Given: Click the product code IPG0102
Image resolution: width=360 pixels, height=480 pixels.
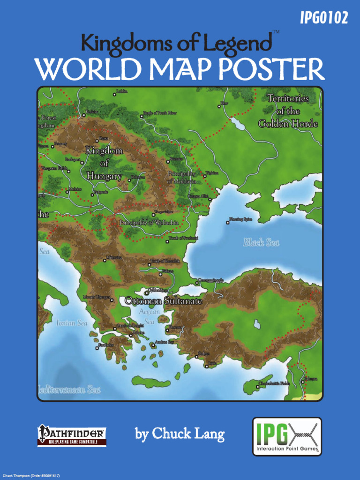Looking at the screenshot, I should click(x=324, y=18).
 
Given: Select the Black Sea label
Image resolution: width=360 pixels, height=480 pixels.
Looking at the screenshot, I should click(x=261, y=242).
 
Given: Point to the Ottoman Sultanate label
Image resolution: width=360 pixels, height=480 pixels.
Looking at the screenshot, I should click(x=164, y=301).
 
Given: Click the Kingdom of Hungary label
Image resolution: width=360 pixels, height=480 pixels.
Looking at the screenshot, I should click(x=104, y=163).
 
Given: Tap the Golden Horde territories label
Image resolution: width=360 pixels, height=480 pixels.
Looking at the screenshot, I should click(x=288, y=111).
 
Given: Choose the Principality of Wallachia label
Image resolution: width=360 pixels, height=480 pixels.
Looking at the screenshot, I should click(x=148, y=223).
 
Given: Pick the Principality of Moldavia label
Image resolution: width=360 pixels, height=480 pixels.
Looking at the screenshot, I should click(x=181, y=177).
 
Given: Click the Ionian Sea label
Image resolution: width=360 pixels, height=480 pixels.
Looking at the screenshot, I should click(x=72, y=323).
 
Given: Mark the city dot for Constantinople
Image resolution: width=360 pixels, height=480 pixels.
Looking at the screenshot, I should click(x=197, y=283).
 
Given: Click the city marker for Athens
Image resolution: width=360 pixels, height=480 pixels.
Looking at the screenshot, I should click(x=131, y=335).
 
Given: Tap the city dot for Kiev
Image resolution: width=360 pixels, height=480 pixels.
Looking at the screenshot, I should click(x=219, y=106).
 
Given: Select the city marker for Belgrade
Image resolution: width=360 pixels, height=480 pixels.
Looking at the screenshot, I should click(x=92, y=195).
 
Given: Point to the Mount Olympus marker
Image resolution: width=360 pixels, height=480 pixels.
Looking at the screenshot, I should click(x=112, y=300).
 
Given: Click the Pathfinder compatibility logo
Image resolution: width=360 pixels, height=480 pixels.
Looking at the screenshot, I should click(x=72, y=435).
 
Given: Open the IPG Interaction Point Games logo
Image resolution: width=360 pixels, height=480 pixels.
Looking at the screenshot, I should click(x=287, y=436).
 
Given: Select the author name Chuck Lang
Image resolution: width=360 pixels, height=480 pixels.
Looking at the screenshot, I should click(x=180, y=435).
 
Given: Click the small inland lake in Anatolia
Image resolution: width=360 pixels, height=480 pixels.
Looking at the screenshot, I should click(x=257, y=324).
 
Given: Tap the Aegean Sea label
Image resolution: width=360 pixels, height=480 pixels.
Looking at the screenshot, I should click(x=149, y=316).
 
